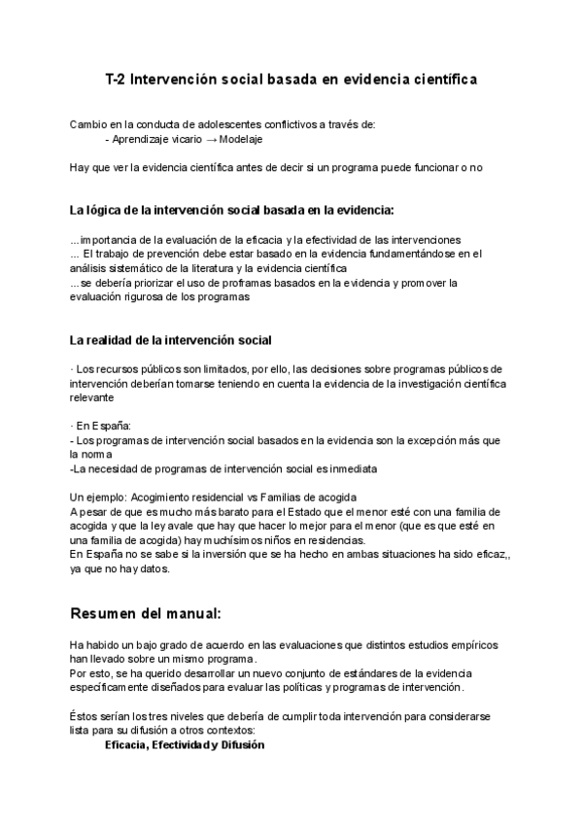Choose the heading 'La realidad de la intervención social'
(170, 340)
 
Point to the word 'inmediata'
(351, 468)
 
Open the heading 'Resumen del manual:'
(146, 614)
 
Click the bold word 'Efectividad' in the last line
(190, 744)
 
